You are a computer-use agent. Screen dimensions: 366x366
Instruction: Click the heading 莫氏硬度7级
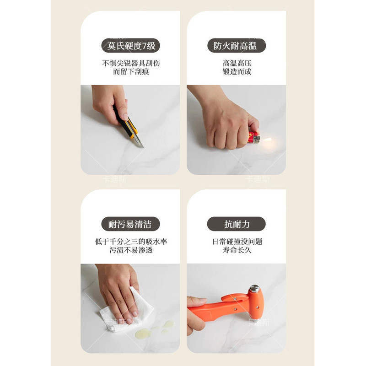[x=131, y=45]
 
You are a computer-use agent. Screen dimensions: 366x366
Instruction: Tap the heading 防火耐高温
[x=237, y=45]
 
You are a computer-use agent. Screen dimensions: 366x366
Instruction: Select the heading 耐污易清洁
[x=130, y=224]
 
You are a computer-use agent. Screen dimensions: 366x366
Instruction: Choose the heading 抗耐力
[x=237, y=224]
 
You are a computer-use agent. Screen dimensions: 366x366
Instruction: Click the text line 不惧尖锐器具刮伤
[x=131, y=63]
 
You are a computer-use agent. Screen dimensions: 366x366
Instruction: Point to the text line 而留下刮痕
[x=131, y=71]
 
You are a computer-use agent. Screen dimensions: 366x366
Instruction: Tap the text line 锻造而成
[x=237, y=71]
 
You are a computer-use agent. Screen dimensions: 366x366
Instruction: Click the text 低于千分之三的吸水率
[x=131, y=242]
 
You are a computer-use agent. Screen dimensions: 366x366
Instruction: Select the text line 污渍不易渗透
[x=131, y=250]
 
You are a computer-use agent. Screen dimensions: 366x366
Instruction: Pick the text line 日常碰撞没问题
[x=237, y=242]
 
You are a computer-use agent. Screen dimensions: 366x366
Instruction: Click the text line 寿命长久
[x=237, y=250]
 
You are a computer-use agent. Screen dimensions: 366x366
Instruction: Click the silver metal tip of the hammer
[x=254, y=289]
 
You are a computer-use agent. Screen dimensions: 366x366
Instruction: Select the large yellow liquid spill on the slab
[x=143, y=333]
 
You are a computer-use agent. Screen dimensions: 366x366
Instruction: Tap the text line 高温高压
[x=237, y=63]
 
